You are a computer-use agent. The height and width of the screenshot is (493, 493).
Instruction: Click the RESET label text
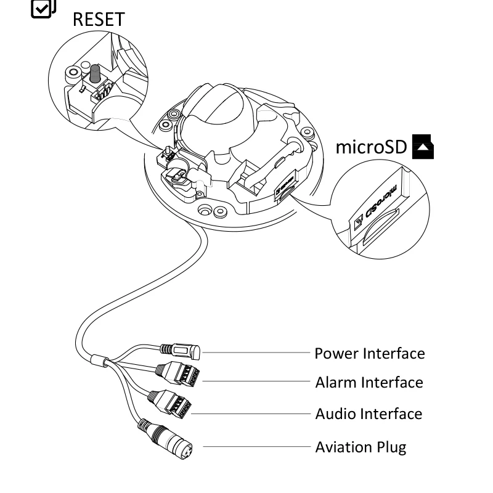[x=99, y=18]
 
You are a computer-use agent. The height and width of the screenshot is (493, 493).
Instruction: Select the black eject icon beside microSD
[x=425, y=148]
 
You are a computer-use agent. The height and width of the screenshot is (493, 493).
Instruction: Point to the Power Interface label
[x=369, y=354]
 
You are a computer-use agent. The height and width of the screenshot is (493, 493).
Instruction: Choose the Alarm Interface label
[x=369, y=383]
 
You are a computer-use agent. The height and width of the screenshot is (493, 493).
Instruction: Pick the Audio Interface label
[x=369, y=414]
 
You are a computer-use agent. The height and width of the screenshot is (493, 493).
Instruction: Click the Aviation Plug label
[x=361, y=447]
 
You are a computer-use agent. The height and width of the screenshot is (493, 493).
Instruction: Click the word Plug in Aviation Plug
[x=391, y=447]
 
